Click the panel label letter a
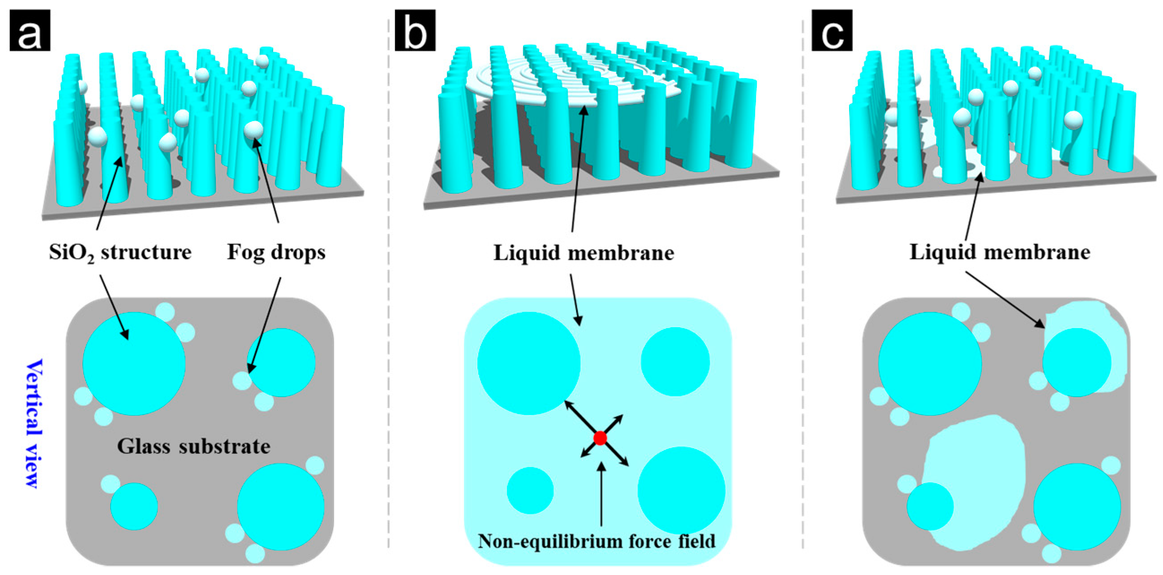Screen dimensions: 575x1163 pos(30,30)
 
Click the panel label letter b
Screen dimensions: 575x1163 pos(415,30)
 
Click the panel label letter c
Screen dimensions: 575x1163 pos(832,30)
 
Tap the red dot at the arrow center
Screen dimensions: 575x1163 pos(600,438)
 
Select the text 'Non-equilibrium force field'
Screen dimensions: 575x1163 pos(597,541)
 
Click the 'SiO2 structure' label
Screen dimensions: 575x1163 pos(120,252)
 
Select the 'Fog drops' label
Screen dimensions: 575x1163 pos(276,252)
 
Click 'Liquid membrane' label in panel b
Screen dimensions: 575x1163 pos(584,252)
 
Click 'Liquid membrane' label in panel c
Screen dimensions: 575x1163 pos(1000,252)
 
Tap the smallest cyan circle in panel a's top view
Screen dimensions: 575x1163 pos(134,506)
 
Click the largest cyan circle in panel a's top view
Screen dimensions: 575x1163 pos(133,363)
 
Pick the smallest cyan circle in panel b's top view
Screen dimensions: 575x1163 pos(530,491)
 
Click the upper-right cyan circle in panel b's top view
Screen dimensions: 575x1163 pos(675,362)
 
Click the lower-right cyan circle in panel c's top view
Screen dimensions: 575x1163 pos(1077,506)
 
